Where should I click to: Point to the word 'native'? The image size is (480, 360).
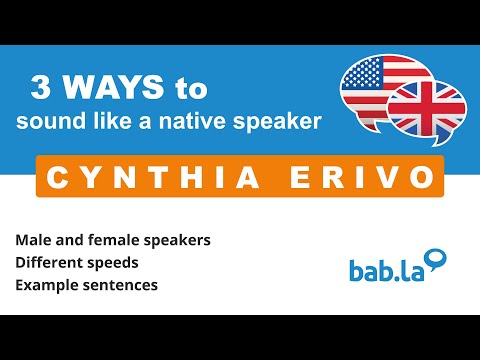tap(209, 121)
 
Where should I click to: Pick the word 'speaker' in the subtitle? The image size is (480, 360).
tap(283, 122)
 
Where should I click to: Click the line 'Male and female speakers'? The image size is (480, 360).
tap(112, 241)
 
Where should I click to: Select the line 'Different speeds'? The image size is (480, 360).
tap(76, 262)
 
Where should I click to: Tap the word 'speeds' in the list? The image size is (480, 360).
tap(113, 263)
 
